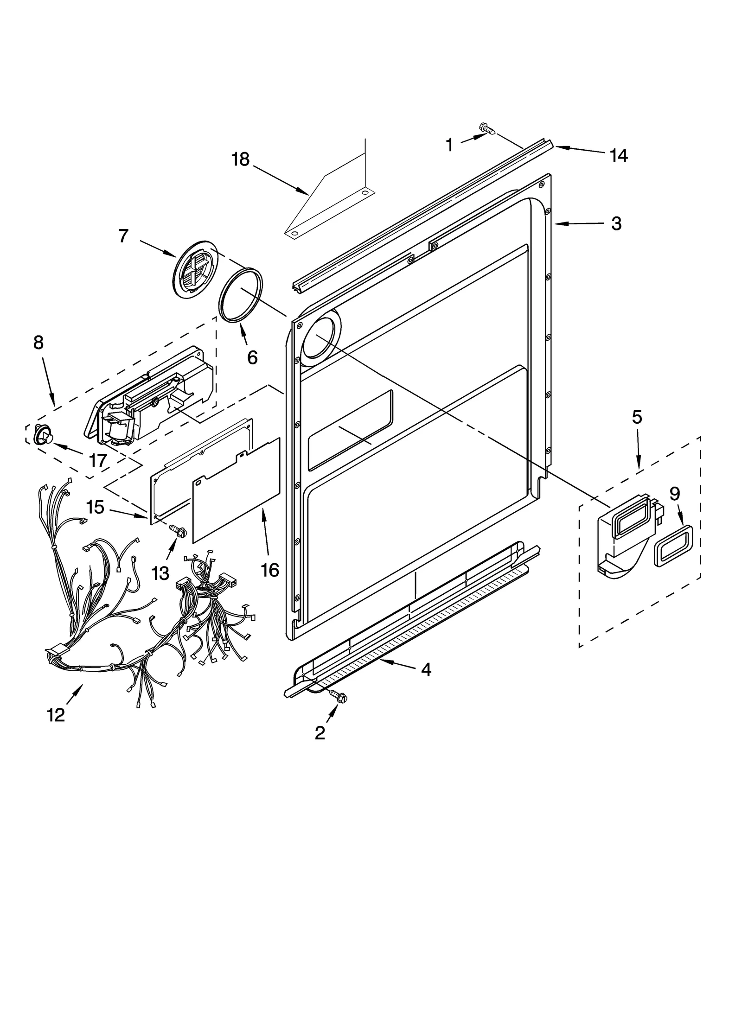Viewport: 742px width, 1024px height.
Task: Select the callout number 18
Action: point(240,159)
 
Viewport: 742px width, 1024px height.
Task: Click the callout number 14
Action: point(618,156)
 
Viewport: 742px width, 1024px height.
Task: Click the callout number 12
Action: point(56,715)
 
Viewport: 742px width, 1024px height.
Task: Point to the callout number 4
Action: point(426,669)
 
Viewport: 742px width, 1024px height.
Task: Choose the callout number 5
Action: point(637,417)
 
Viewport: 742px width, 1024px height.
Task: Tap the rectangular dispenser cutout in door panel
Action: point(351,431)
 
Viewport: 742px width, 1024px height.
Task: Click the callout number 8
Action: point(38,343)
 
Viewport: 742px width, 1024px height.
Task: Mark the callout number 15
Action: point(95,507)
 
